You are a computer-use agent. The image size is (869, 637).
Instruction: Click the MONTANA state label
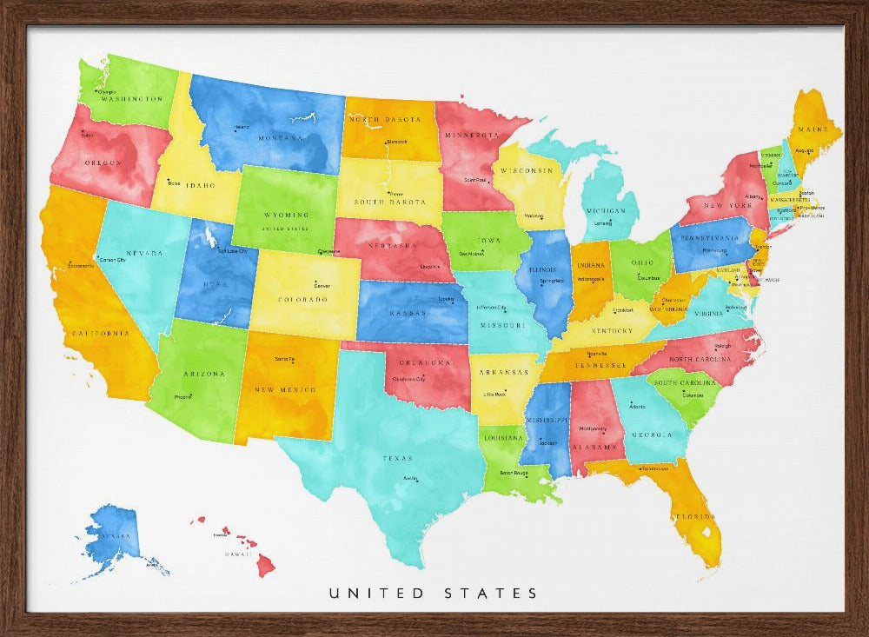click(281, 137)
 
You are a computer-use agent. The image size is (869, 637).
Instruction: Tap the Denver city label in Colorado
click(322, 285)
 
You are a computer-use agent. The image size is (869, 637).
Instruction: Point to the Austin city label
click(410, 478)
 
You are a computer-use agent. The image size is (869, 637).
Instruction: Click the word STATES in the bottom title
click(492, 594)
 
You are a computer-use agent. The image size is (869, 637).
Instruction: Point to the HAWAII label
click(238, 554)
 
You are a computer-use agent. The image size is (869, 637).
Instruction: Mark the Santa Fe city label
click(284, 359)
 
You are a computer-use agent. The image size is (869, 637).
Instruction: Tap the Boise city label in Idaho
click(175, 182)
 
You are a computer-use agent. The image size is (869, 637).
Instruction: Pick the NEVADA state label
click(149, 253)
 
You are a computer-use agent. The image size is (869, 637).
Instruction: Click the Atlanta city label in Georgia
click(637, 406)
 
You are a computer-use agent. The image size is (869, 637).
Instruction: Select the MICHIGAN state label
click(605, 211)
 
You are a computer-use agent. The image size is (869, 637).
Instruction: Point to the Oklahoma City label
click(409, 379)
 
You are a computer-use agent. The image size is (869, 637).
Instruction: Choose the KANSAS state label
click(407, 312)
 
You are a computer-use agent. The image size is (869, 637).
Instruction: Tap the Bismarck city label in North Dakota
click(396, 141)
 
